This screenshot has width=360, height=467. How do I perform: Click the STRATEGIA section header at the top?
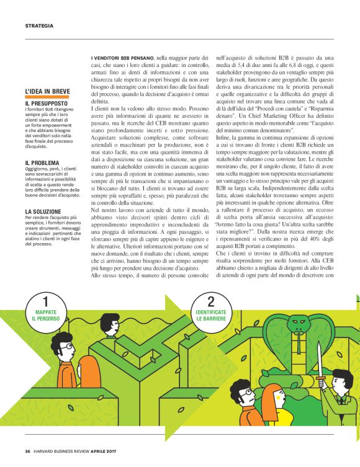39,25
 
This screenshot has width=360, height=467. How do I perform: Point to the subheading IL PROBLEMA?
42,162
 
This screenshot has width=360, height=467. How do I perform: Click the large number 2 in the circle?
210,302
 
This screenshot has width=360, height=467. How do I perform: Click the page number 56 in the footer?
28,450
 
